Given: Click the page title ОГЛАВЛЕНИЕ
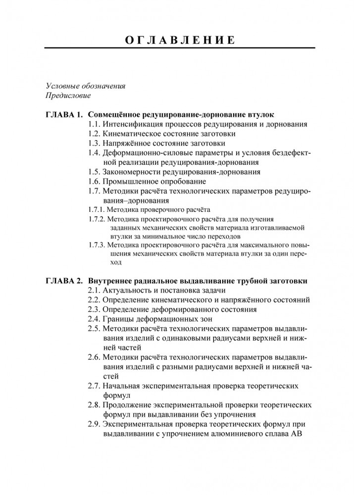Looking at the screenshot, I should click(x=180, y=39).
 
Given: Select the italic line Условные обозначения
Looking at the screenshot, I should click(x=85, y=86).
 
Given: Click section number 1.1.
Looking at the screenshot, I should click(x=94, y=124).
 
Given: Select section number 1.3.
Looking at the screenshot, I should click(x=94, y=143).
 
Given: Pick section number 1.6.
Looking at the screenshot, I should click(x=94, y=181).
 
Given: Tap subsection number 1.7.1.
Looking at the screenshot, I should click(x=97, y=209).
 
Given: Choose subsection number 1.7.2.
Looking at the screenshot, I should click(x=97, y=218).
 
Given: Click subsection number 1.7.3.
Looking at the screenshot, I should click(x=97, y=245).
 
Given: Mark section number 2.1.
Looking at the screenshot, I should click(x=94, y=290).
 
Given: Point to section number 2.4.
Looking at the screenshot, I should click(x=94, y=319).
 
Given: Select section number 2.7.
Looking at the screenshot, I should click(x=94, y=386).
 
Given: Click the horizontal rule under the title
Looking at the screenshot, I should click(x=180, y=48).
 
